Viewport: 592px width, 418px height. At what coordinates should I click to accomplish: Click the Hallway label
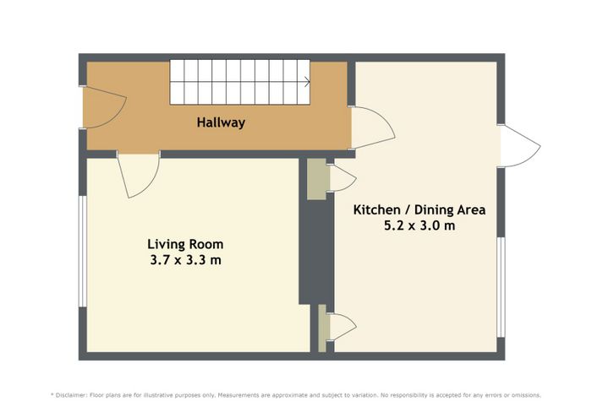point(221,122)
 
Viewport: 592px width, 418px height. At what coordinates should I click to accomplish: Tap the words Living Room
point(185,244)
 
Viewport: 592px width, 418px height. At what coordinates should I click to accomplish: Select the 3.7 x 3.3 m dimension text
point(185,260)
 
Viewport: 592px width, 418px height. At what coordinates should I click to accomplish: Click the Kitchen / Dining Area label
point(419,209)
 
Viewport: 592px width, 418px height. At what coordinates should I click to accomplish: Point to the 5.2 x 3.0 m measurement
point(419,225)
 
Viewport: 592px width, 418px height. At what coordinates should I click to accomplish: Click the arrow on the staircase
point(307,82)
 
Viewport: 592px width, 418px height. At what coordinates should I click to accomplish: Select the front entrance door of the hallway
point(104,107)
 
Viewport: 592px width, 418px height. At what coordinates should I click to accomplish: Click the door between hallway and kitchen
point(372,128)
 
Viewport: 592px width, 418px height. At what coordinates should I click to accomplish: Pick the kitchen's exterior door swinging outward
point(520,145)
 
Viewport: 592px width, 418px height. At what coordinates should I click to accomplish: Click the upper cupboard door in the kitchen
point(342,178)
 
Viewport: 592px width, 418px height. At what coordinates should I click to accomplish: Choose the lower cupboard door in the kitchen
point(342,327)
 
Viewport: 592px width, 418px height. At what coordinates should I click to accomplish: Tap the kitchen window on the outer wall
point(501,287)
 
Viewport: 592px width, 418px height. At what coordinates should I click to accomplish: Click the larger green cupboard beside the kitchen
point(316,179)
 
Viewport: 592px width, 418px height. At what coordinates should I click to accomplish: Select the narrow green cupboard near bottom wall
point(322,328)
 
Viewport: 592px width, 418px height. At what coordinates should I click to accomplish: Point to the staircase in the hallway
point(239,82)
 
